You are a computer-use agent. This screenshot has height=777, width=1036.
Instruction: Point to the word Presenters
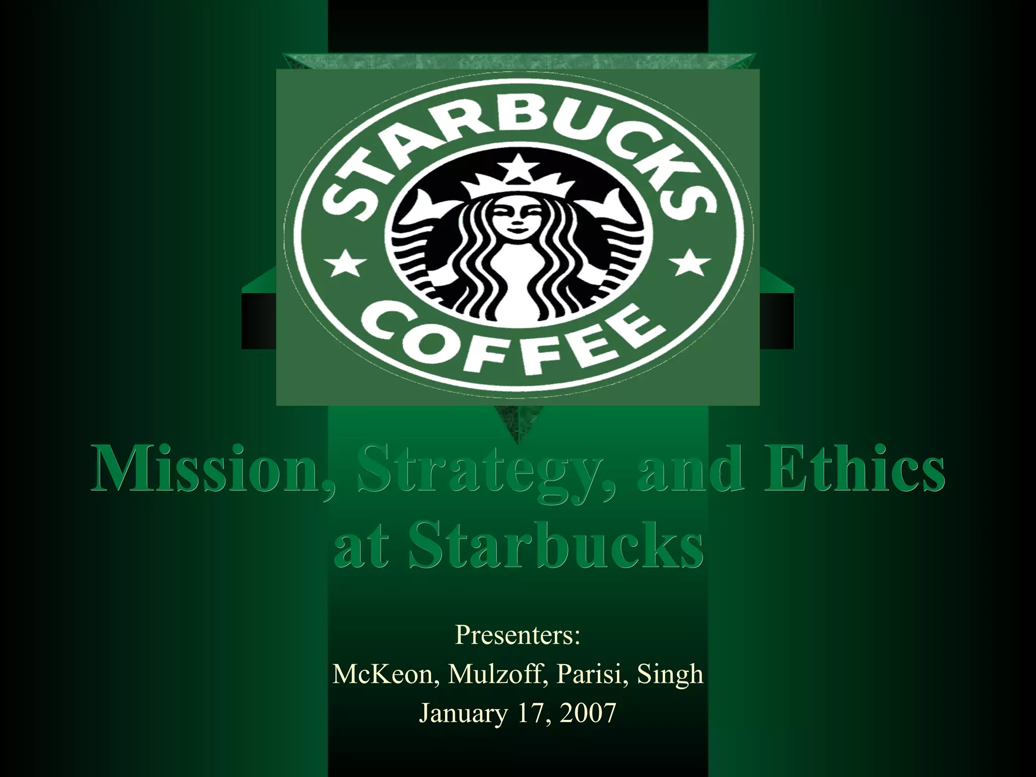coord(517,635)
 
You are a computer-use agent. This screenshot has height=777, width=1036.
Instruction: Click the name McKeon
coord(385,674)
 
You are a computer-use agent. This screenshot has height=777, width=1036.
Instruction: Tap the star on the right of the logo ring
coord(690,263)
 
